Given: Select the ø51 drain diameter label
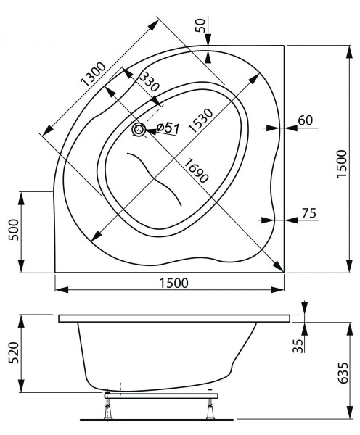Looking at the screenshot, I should pyautogui.click(x=168, y=128).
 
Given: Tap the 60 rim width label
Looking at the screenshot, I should pyautogui.click(x=306, y=120).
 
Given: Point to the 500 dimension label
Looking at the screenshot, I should pyautogui.click(x=10, y=232).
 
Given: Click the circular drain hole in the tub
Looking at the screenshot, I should pyautogui.click(x=139, y=130).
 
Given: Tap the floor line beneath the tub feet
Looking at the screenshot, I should pyautogui.click(x=160, y=420).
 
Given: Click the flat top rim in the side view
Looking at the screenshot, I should pyautogui.click(x=174, y=318).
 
